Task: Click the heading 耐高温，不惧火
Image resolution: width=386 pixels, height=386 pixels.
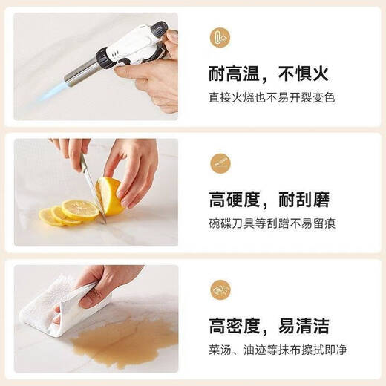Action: click(x=269, y=73)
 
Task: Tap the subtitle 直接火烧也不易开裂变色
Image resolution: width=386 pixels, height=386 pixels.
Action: click(x=272, y=97)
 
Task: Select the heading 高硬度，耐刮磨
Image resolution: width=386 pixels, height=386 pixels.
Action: click(x=269, y=200)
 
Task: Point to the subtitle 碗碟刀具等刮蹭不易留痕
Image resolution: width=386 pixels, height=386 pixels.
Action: click(x=272, y=223)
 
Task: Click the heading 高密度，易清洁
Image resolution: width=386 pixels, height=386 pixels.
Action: click(x=269, y=326)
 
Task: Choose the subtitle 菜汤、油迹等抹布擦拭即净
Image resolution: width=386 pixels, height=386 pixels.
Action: click(x=278, y=350)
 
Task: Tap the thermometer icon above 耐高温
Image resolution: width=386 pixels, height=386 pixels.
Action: click(x=220, y=38)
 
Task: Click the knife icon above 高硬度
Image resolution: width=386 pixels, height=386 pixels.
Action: click(x=220, y=163)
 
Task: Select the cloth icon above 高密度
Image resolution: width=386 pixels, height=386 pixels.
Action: click(x=220, y=289)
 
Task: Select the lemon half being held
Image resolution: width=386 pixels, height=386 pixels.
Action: click(x=110, y=196)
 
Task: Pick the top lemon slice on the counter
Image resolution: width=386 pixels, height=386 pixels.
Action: click(x=80, y=210)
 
